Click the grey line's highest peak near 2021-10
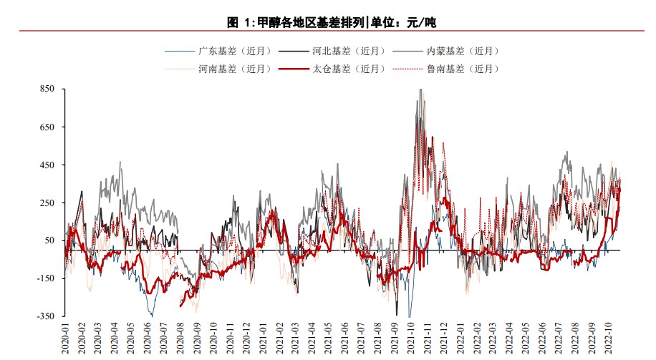click(420, 90)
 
